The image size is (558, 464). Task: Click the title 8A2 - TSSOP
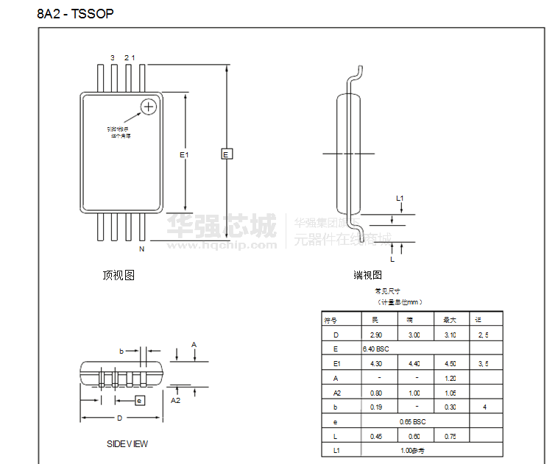tap(75, 14)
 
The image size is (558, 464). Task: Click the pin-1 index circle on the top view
tap(149, 107)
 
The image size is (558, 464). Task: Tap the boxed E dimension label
tap(227, 154)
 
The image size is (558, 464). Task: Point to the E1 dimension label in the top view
tap(184, 154)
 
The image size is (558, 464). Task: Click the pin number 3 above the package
tap(113, 57)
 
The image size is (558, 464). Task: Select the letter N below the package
tap(142, 250)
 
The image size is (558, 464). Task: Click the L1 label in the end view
tap(400, 198)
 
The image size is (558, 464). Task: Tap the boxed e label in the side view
tap(139, 400)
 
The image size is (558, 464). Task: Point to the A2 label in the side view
tap(176, 401)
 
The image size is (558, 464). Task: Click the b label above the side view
tap(121, 351)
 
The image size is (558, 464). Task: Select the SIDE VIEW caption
tap(127, 443)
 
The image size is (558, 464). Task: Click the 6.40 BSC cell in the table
tap(375, 349)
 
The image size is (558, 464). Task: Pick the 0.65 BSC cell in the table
tap(413, 421)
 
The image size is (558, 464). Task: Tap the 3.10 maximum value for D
tap(450, 335)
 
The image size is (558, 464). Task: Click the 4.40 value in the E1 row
tap(414, 363)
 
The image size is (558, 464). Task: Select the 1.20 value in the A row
tap(450, 378)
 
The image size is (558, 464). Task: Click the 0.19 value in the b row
tap(375, 407)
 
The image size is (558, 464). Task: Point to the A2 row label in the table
tap(336, 393)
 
